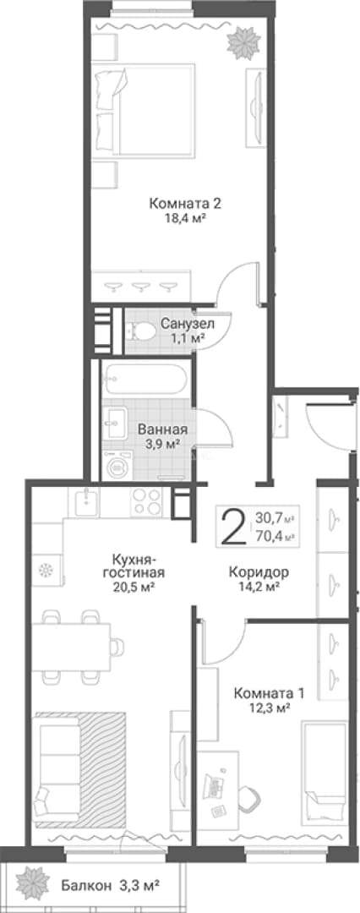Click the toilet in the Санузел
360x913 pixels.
[140, 332]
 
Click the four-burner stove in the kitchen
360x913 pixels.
[146, 502]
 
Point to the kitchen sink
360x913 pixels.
[86, 501]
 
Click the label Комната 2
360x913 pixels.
[185, 204]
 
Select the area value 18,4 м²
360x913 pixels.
[186, 219]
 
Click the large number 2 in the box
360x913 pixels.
[233, 526]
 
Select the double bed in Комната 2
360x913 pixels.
[145, 110]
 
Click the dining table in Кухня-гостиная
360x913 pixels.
[71, 647]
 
